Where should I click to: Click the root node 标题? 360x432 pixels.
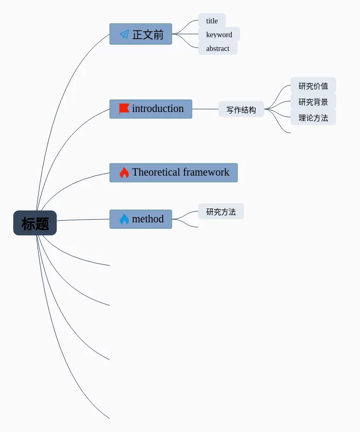click(x=35, y=223)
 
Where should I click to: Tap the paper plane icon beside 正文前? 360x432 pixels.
click(x=125, y=34)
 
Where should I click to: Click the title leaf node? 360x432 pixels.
click(x=212, y=21)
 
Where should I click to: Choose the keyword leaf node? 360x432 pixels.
click(x=219, y=34)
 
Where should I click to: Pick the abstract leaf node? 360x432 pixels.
click(x=218, y=48)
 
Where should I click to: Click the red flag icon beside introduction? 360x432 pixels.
click(x=124, y=109)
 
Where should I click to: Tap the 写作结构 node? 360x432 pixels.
click(x=241, y=110)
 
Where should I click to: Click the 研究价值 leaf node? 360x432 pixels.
click(x=313, y=86)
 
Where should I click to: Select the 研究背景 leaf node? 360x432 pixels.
click(x=313, y=102)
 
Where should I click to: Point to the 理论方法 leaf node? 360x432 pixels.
click(x=313, y=118)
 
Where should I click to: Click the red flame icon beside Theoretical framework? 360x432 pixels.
click(x=124, y=172)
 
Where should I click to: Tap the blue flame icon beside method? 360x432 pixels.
click(x=124, y=219)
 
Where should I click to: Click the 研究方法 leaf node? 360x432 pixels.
click(x=221, y=212)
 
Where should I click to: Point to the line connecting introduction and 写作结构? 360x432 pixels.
click(x=205, y=109)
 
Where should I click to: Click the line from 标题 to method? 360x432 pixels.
click(x=83, y=220)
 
